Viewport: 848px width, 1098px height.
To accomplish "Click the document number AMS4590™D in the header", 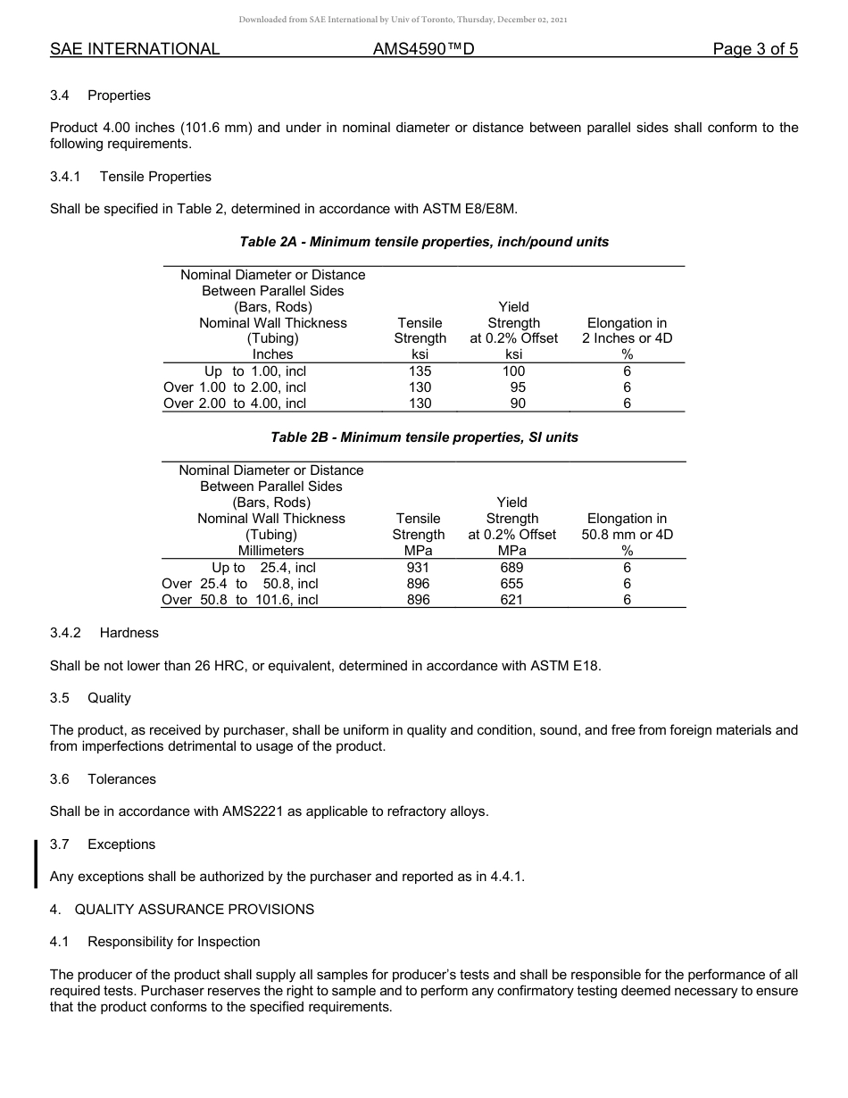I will (423, 50).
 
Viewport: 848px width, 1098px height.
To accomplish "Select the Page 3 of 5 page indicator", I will (754, 50).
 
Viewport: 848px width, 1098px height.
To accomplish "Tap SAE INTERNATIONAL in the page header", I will (135, 50).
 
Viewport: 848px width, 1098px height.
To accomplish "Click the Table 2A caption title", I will (424, 242).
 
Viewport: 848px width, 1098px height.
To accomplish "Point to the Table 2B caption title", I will (424, 437).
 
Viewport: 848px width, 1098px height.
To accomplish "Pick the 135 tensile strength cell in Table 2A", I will (420, 371).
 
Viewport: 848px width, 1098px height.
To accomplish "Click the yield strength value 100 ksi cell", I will (513, 371).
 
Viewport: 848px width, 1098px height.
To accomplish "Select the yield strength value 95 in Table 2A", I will (517, 387).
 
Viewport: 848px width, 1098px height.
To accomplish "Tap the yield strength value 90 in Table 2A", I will (517, 403).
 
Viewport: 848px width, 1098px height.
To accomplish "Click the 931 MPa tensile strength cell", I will (418, 568).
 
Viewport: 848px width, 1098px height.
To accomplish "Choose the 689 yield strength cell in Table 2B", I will (511, 568).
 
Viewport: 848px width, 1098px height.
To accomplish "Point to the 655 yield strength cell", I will (511, 584).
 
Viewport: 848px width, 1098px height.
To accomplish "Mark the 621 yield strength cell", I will (511, 600).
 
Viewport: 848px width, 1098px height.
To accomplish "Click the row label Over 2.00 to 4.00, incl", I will (235, 403).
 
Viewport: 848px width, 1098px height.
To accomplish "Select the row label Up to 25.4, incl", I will (263, 568).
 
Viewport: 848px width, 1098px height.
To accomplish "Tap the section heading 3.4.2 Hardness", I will (104, 633).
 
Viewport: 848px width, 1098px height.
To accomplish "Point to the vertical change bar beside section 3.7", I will (36, 863).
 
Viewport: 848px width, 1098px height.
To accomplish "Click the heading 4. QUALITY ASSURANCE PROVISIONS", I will (182, 910).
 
